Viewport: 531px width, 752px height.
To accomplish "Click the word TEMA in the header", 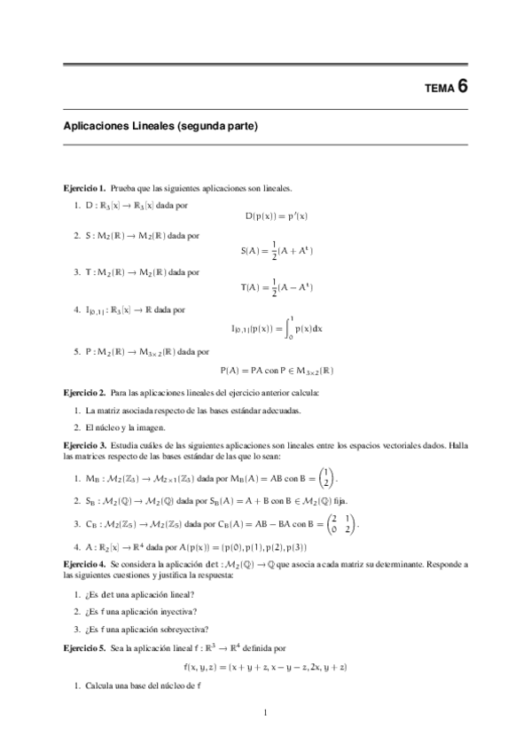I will coord(439,89).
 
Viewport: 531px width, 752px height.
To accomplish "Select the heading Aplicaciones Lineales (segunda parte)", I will coord(160,127).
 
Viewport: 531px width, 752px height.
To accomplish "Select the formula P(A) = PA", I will coord(276,370).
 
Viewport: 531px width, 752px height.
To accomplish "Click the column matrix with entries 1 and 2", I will coord(327,477).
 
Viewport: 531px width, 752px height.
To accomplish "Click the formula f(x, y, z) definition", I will coord(265,666).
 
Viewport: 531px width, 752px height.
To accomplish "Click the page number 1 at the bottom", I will coord(266,712).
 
